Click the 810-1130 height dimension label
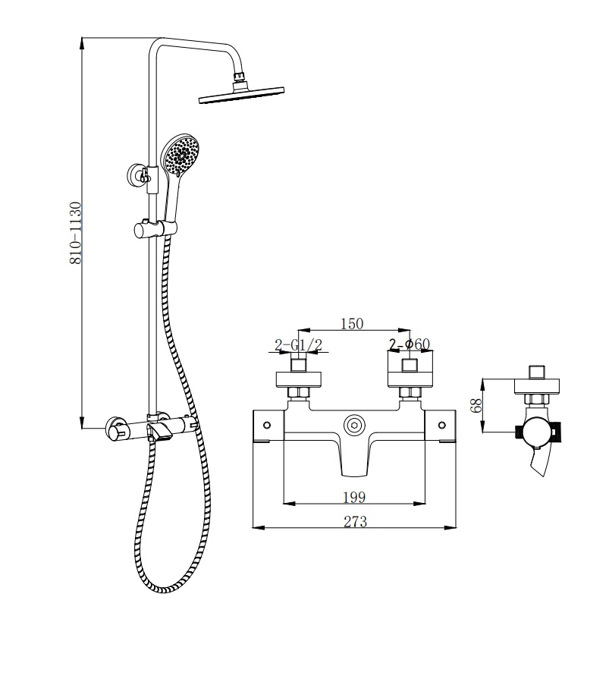point(75,233)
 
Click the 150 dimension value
point(352,324)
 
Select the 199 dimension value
point(354,497)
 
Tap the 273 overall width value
point(355,522)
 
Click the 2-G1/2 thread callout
point(298,345)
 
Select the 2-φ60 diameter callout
point(410,344)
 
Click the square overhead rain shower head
point(242,96)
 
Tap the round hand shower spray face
point(180,157)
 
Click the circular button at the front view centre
point(354,425)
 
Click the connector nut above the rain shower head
point(240,77)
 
